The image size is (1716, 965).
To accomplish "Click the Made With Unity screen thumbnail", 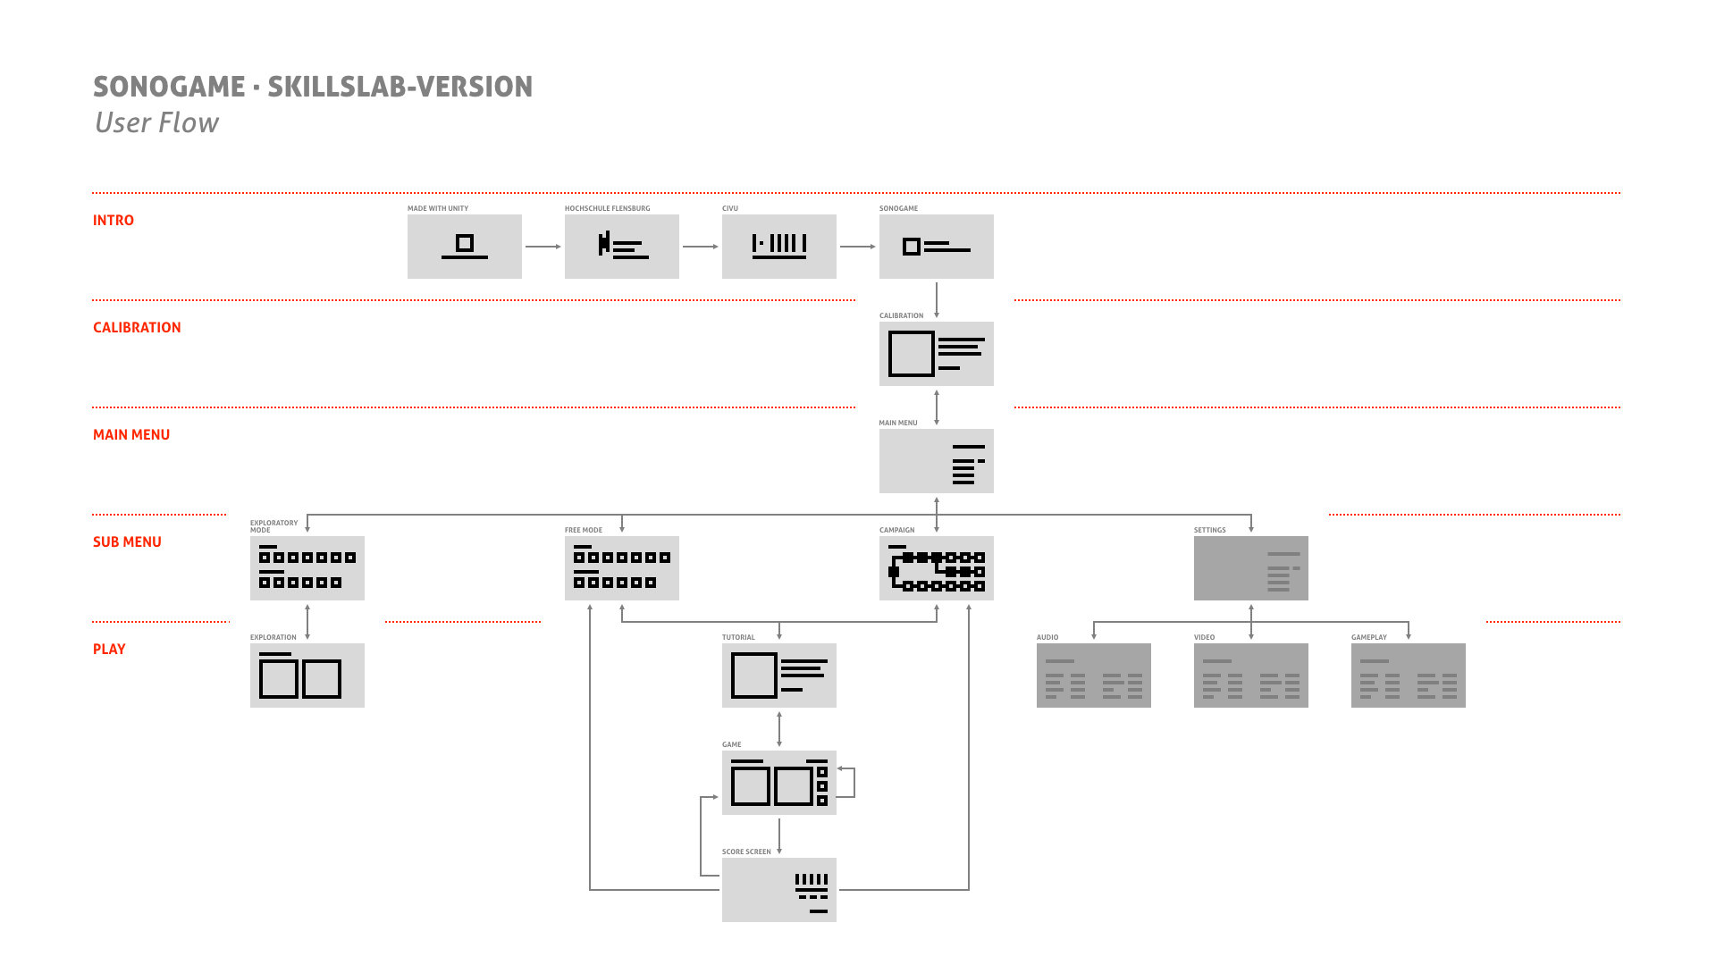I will pyautogui.click(x=464, y=246).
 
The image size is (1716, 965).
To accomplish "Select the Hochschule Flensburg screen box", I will pyautogui.click(x=621, y=246).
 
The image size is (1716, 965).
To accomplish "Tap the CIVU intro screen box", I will pyautogui.click(x=778, y=246).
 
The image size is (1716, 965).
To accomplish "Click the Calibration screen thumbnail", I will pyautogui.click(x=936, y=353).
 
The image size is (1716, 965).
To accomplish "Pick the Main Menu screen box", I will pyautogui.click(x=936, y=460).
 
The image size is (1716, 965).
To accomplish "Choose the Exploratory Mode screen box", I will pyautogui.click(x=307, y=567).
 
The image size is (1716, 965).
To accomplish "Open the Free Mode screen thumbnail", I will pyautogui.click(x=621, y=567).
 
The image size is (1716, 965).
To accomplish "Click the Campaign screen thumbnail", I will pyautogui.click(x=936, y=567).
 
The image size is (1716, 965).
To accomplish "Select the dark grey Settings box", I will pyautogui.click(x=1250, y=567).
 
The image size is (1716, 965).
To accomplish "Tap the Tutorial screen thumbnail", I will pyautogui.click(x=778, y=675).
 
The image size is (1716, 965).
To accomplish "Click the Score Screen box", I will pyautogui.click(x=778, y=889).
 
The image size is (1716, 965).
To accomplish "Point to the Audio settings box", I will pyautogui.click(x=1093, y=675).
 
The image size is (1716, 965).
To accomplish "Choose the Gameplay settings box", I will pyautogui.click(x=1408, y=675).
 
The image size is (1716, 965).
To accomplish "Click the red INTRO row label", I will pyautogui.click(x=114, y=221).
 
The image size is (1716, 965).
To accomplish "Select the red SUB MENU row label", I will pyautogui.click(x=127, y=542).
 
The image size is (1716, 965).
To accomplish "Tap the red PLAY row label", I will pyautogui.click(x=109, y=650).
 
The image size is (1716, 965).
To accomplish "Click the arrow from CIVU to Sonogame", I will pyautogui.click(x=857, y=247).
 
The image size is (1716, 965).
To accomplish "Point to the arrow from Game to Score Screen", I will pyautogui.click(x=779, y=836).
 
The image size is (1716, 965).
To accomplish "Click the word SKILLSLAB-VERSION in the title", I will pyautogui.click(x=400, y=87).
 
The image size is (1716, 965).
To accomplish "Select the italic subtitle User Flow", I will pyautogui.click(x=156, y=122).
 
